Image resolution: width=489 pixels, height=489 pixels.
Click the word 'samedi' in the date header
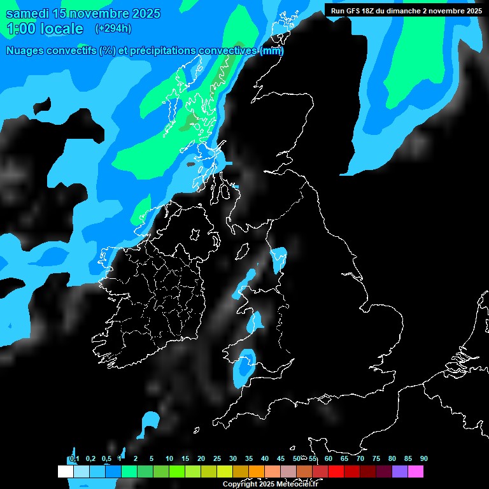(28, 13)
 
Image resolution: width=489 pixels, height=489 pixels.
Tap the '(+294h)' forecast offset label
(113, 29)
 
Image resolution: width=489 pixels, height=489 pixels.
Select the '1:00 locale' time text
(45, 29)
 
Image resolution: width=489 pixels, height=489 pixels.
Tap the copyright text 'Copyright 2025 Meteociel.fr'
(270, 485)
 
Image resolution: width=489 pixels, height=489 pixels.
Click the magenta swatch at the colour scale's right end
(416, 472)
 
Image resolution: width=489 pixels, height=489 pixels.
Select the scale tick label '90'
(424, 459)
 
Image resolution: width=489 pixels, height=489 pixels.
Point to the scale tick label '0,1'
(74, 459)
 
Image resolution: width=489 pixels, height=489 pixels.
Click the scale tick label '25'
(217, 459)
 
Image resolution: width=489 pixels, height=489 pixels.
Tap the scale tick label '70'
(360, 459)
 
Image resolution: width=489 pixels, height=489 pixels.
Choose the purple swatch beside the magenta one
(400, 472)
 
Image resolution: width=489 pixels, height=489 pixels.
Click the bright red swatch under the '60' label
(336, 472)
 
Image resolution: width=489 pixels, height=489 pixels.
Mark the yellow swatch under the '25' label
(225, 472)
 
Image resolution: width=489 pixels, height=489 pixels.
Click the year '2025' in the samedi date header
(144, 13)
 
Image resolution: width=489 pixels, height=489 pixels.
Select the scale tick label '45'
(281, 459)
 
